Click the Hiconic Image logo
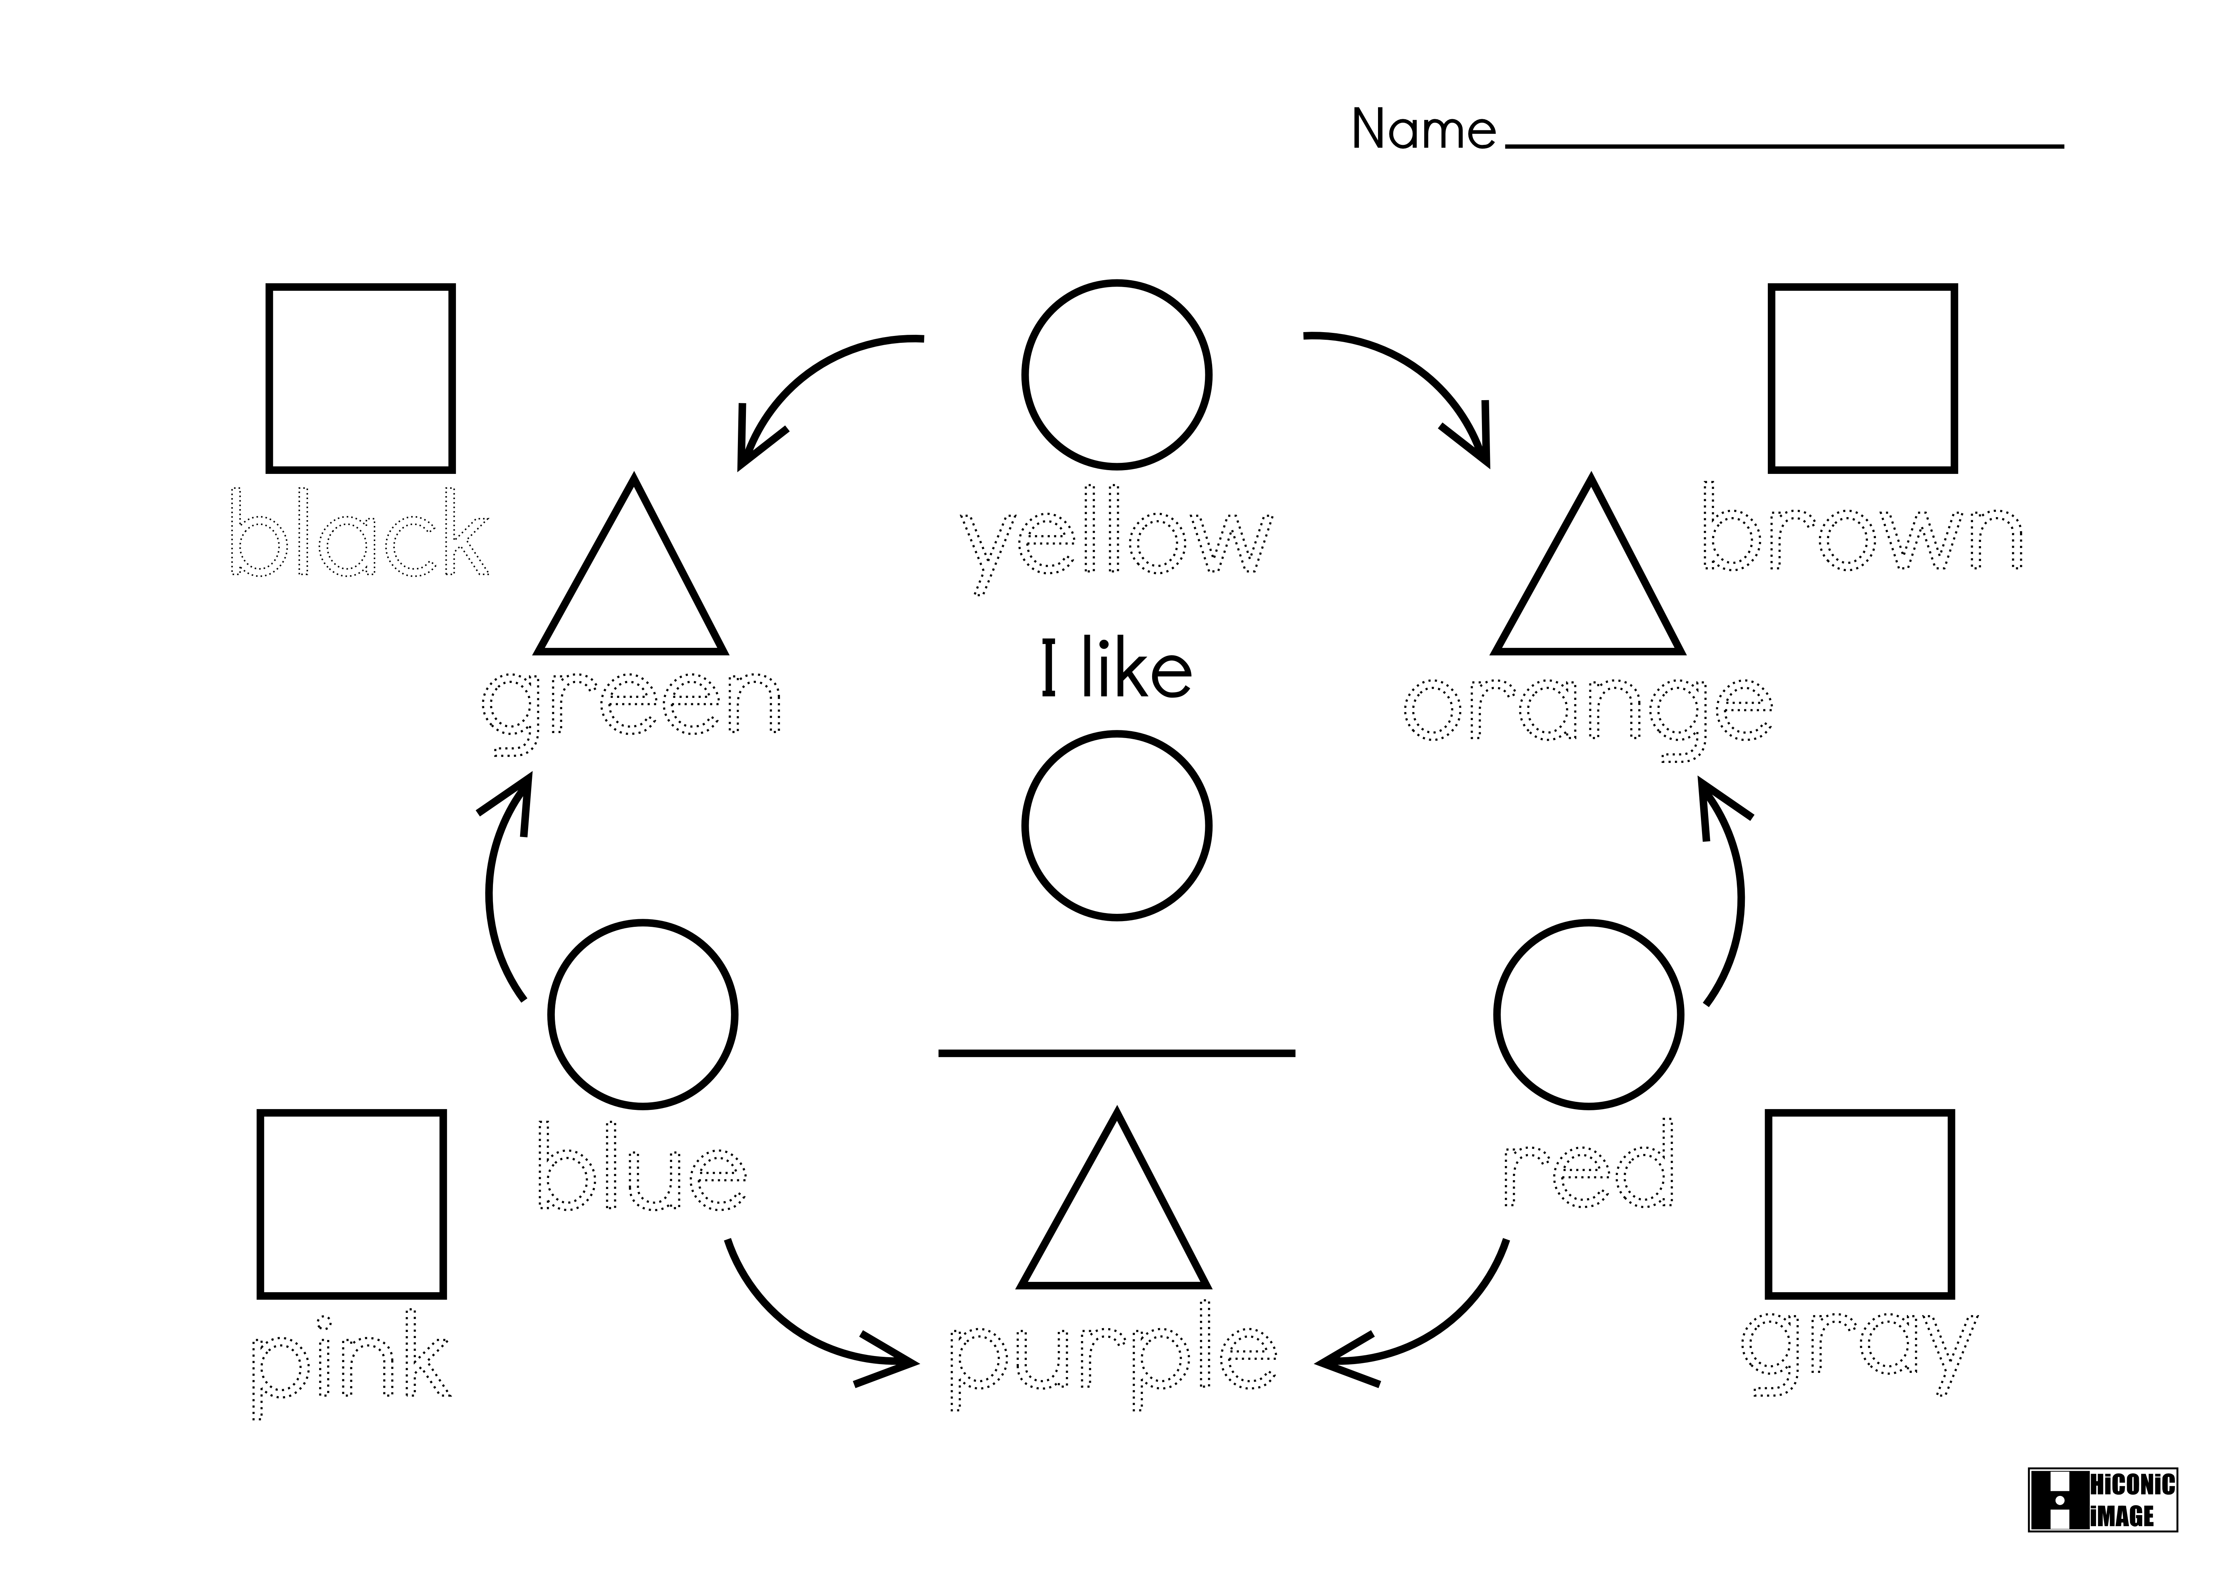click(x=2103, y=1499)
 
